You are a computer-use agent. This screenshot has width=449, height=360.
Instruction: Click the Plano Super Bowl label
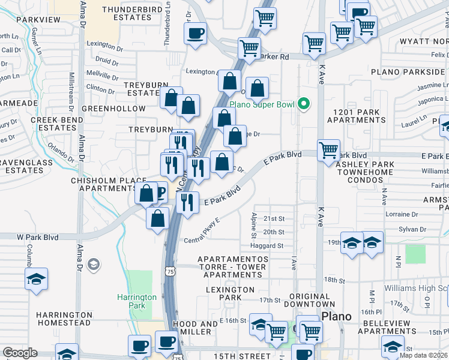(x=270, y=105)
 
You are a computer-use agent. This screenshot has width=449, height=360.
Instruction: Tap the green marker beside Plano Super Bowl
(x=304, y=105)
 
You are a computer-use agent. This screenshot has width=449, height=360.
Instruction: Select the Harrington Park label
(x=137, y=301)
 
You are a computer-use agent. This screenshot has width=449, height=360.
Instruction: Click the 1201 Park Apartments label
(x=355, y=116)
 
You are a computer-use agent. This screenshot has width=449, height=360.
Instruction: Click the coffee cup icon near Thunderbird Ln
(x=196, y=33)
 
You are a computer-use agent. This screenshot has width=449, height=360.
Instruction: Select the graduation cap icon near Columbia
(x=37, y=279)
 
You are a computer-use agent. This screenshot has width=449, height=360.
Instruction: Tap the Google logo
(x=20, y=353)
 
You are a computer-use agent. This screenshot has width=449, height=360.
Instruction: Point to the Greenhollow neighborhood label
(x=113, y=109)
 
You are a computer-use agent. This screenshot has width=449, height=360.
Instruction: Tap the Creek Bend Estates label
(x=53, y=124)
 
